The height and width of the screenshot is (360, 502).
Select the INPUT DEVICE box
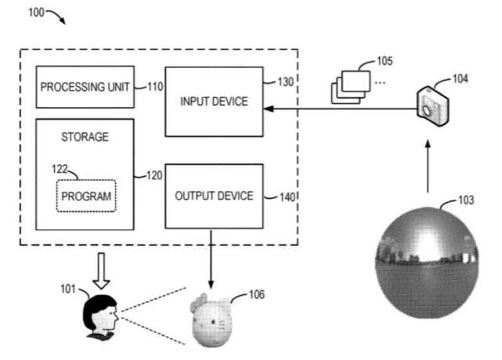tap(214, 102)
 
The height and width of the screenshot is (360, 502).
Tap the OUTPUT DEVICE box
tap(214, 196)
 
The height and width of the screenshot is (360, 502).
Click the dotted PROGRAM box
tap(85, 195)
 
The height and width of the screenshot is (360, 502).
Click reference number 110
tap(154, 86)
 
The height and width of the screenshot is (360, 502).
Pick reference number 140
tap(287, 197)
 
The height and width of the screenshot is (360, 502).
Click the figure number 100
tap(37, 14)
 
